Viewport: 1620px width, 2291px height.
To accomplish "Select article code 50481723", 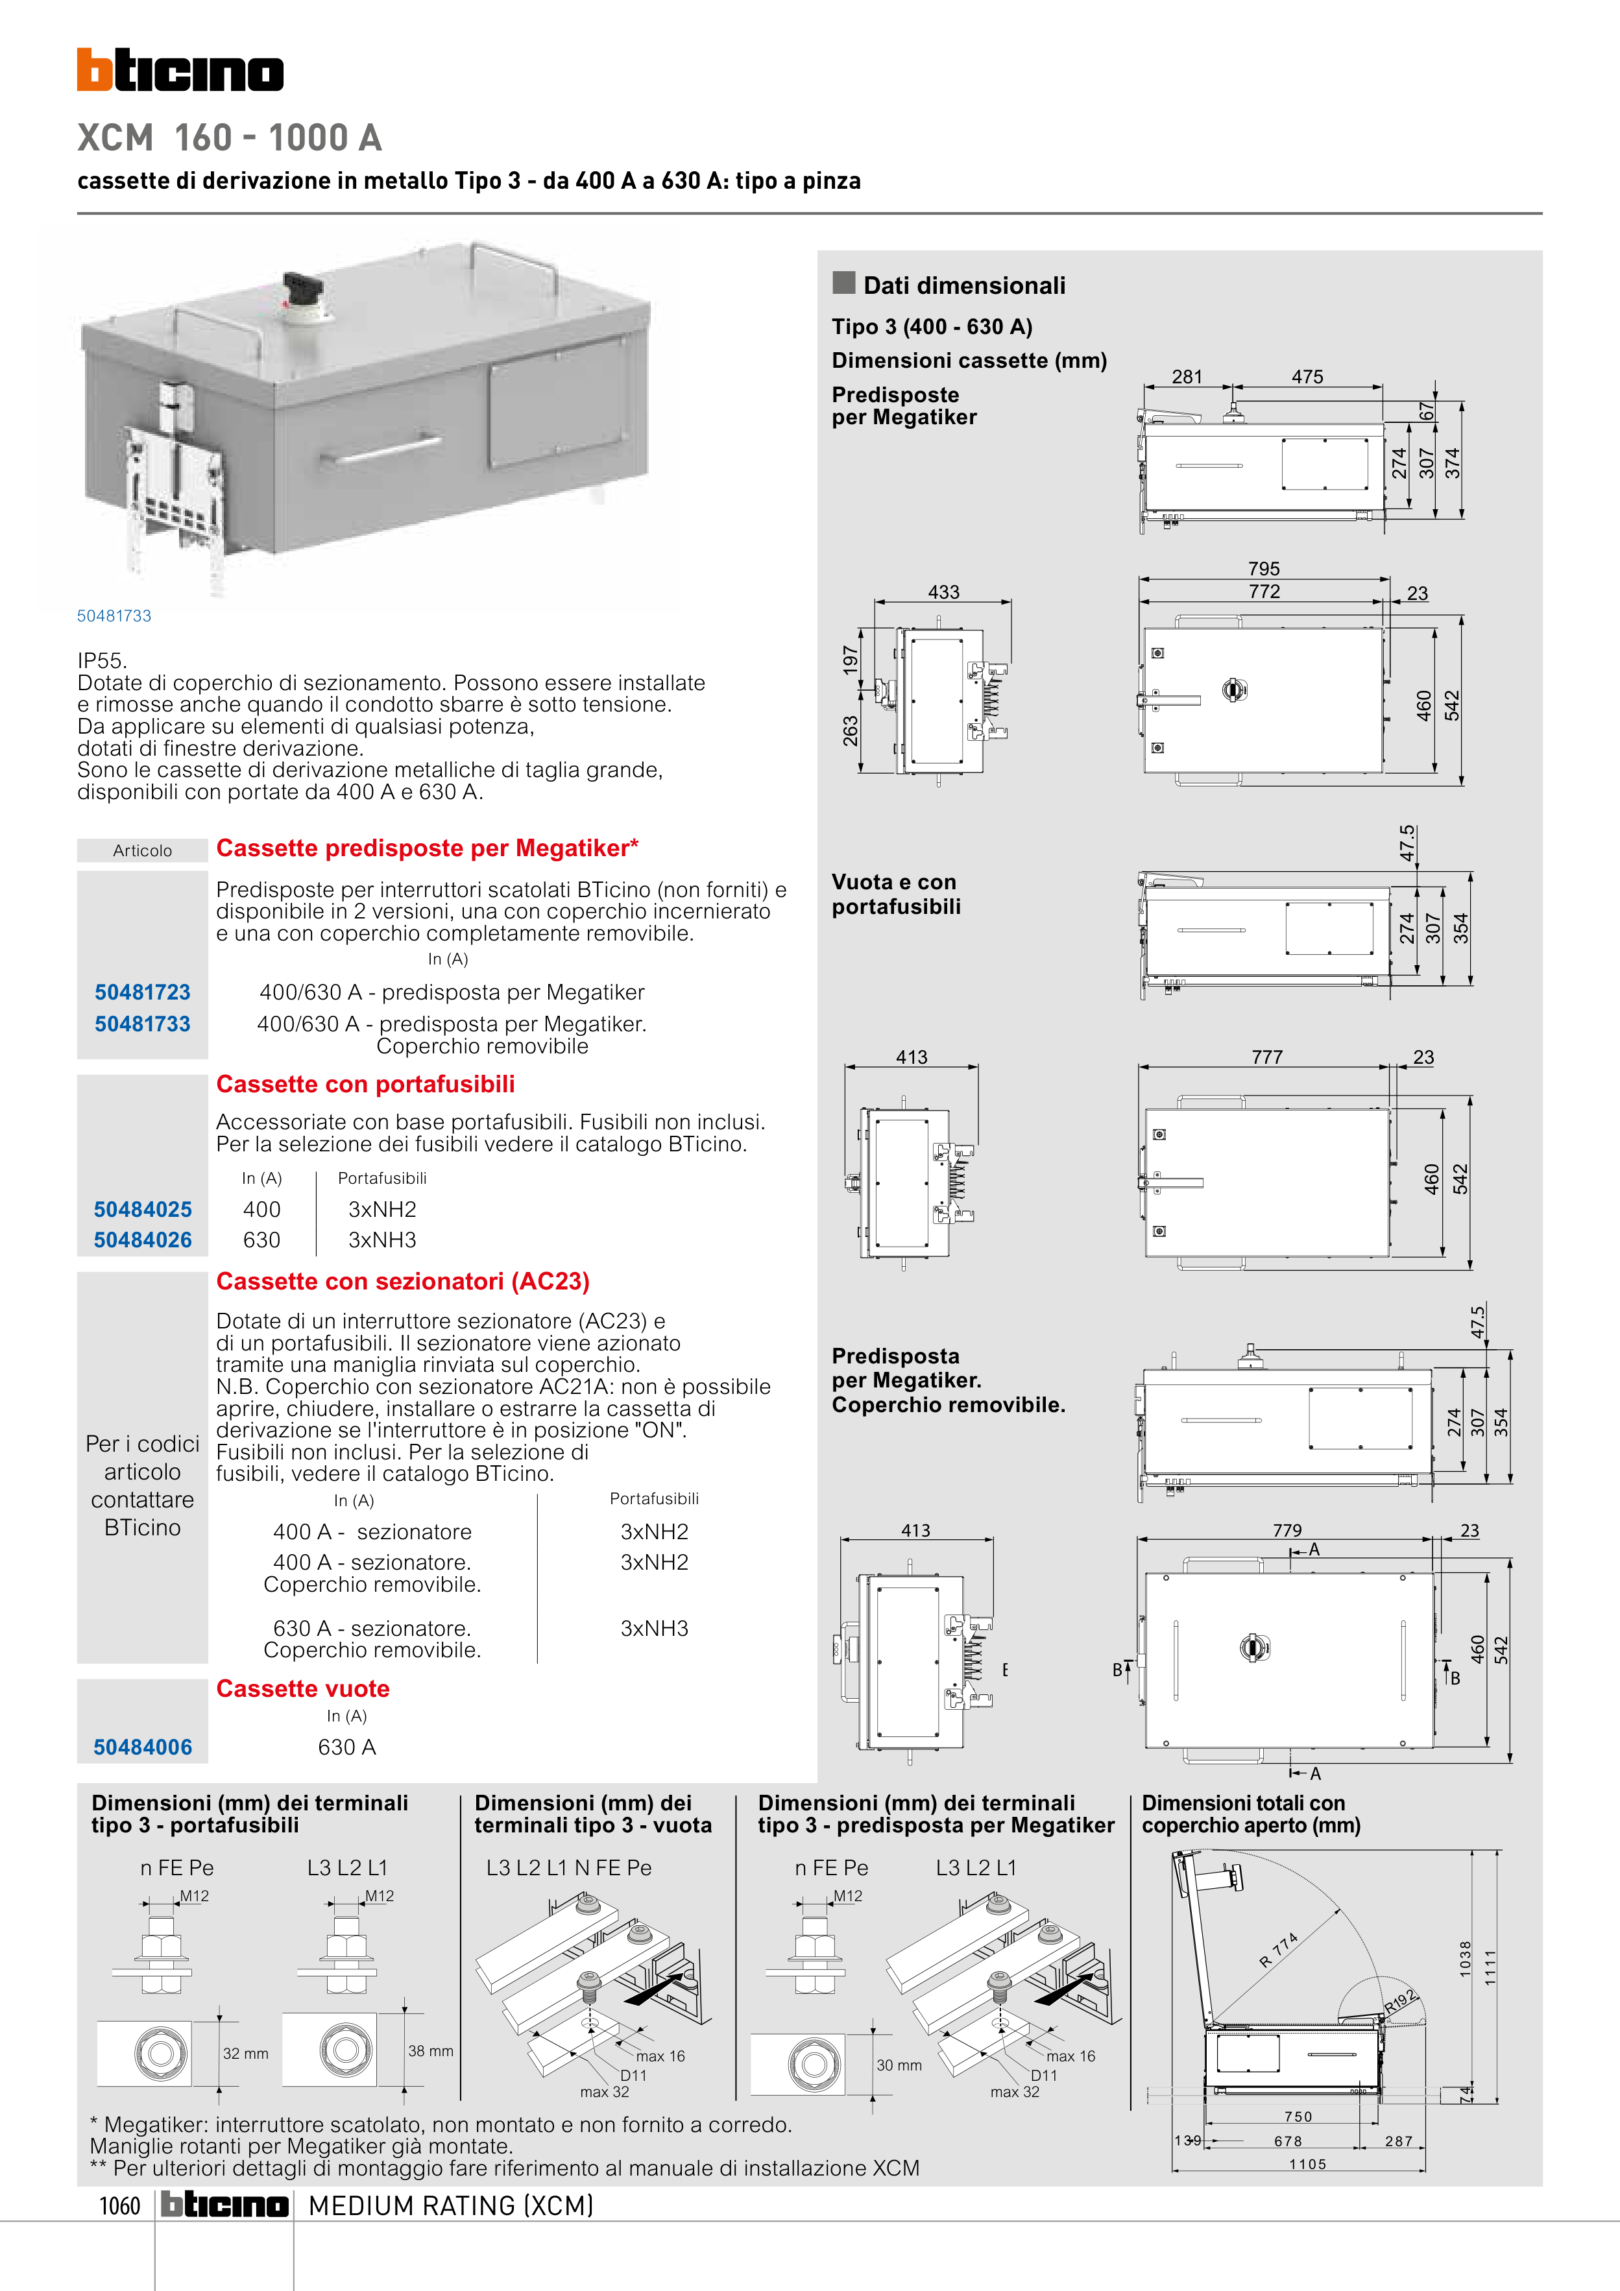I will pyautogui.click(x=143, y=992).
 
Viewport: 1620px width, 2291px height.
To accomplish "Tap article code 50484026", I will pyautogui.click(x=143, y=1240).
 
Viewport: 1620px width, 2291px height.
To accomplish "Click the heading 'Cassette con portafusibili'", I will pyautogui.click(x=365, y=1084).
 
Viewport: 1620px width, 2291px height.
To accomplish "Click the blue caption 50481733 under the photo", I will pyautogui.click(x=114, y=616).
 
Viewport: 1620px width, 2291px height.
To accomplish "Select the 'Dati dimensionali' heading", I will pyautogui.click(x=963, y=285).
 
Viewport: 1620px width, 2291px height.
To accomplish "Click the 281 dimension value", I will pyautogui.click(x=1187, y=377).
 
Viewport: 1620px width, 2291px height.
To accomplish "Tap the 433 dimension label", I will pyautogui.click(x=943, y=592).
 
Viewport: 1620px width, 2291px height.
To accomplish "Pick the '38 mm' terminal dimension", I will pyautogui.click(x=430, y=2050).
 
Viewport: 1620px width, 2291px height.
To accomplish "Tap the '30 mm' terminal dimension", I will pyautogui.click(x=899, y=2065).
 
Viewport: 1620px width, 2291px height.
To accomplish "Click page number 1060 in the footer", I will pyautogui.click(x=120, y=2205).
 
